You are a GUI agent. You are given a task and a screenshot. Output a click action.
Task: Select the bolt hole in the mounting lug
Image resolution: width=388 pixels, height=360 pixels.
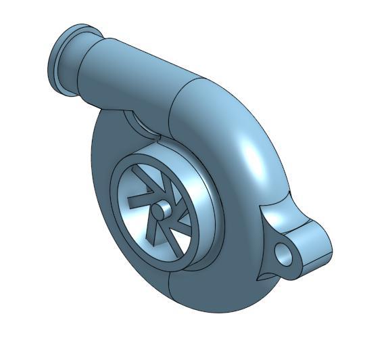285,256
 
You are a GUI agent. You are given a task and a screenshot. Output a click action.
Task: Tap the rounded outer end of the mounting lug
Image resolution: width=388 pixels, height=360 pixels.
322,244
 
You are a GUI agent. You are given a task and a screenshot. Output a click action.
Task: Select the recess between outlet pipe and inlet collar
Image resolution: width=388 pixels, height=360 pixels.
139,122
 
